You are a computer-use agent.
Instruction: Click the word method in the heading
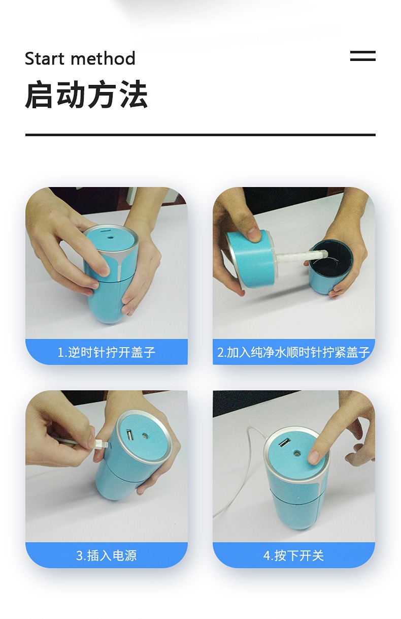click(103, 58)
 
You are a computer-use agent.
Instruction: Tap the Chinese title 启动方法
click(86, 94)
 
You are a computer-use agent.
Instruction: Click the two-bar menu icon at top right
click(362, 56)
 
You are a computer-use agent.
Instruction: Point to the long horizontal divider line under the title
click(201, 135)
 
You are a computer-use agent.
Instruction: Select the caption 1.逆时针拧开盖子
click(107, 352)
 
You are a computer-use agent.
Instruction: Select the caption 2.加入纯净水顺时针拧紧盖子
click(293, 352)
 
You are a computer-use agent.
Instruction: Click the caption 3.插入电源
click(107, 555)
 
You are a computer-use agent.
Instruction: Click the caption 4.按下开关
click(293, 555)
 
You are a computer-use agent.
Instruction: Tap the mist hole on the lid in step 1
click(111, 237)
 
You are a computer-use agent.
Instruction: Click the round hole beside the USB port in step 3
click(144, 436)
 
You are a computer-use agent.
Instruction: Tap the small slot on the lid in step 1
click(105, 230)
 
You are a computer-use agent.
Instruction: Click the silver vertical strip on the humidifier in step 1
click(119, 267)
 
